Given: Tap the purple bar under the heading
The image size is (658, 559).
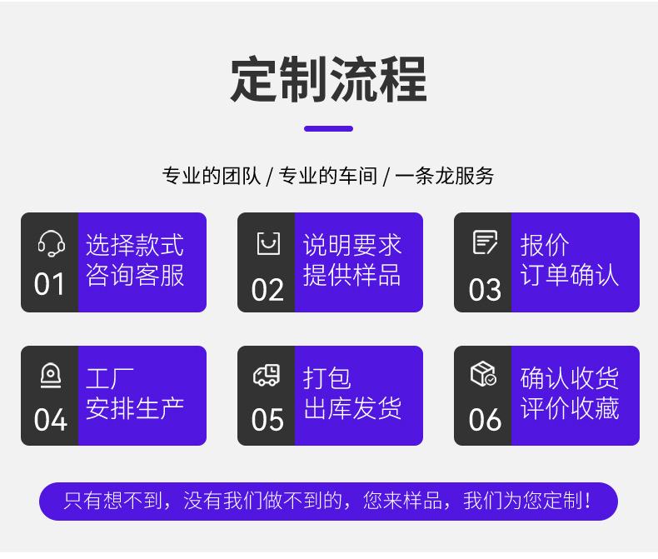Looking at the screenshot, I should click(x=328, y=128).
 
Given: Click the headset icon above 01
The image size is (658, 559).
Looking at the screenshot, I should click(x=51, y=243).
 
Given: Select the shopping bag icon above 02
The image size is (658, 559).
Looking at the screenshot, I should click(x=267, y=243).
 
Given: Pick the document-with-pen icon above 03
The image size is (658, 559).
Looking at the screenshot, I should click(x=485, y=242).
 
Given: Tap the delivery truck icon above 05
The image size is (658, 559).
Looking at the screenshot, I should click(x=267, y=376).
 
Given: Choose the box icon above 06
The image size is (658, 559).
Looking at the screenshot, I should click(x=484, y=375).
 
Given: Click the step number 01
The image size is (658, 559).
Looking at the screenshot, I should click(x=50, y=285).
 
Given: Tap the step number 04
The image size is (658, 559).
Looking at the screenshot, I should click(x=50, y=420).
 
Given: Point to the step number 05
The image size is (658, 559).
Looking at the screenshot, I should click(x=267, y=420).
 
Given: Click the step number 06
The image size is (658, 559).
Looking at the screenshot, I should click(x=485, y=420).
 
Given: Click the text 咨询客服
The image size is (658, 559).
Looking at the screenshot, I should click(x=135, y=275).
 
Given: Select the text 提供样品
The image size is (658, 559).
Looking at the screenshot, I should click(x=352, y=275).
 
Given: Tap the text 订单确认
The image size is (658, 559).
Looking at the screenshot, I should click(x=570, y=275).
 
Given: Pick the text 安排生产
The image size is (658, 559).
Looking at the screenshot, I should click(x=135, y=408).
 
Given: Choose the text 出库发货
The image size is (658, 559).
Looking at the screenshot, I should click(x=352, y=408).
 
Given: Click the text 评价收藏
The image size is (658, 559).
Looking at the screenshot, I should click(x=570, y=408).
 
